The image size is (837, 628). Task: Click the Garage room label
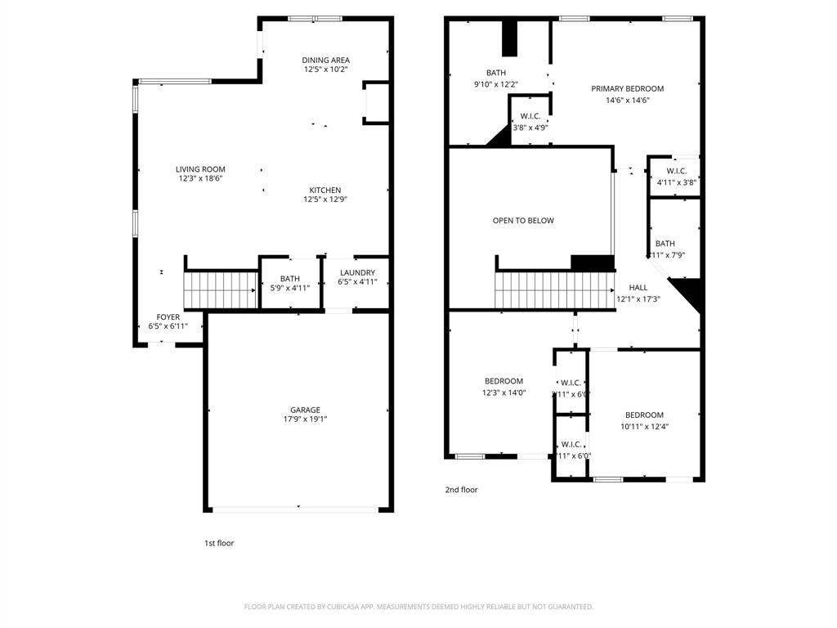pyautogui.click(x=305, y=410)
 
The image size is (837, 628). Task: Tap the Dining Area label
pyautogui.click(x=325, y=60)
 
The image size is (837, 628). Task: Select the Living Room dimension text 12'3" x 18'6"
pyautogui.click(x=200, y=179)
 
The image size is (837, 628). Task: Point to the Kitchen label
pyautogui.click(x=325, y=190)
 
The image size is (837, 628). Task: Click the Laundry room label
pyautogui.click(x=357, y=273)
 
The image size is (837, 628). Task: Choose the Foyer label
pyautogui.click(x=168, y=317)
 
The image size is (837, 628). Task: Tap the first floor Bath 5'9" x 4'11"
pyautogui.click(x=290, y=283)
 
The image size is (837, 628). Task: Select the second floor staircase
pyautogui.click(x=554, y=290)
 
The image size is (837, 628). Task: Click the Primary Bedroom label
pyautogui.click(x=628, y=88)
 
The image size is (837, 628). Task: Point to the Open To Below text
pyautogui.click(x=523, y=221)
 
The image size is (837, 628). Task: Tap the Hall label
pyautogui.click(x=638, y=288)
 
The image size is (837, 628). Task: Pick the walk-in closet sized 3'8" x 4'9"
pyautogui.click(x=530, y=122)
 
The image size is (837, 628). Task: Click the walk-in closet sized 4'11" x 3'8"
pyautogui.click(x=676, y=177)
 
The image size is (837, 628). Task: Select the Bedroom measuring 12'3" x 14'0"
pyautogui.click(x=504, y=387)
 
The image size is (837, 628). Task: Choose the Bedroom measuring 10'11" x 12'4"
pyautogui.click(x=644, y=420)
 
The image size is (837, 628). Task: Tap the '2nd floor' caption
pyautogui.click(x=461, y=490)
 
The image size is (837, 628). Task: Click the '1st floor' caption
pyautogui.click(x=219, y=543)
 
